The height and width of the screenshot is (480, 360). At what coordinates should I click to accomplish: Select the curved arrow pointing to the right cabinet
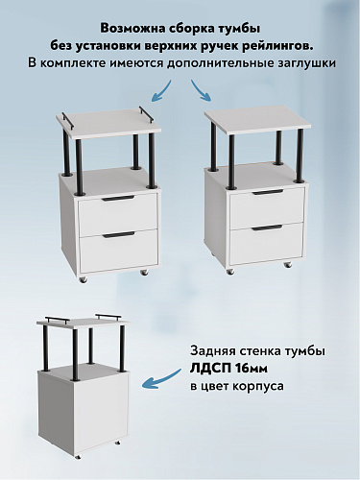click(204, 92)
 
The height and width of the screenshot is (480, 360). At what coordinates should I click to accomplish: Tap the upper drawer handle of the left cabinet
click(118, 199)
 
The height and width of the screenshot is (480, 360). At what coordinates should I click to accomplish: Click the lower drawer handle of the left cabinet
click(118, 233)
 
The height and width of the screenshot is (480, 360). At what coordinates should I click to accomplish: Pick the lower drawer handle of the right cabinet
click(268, 229)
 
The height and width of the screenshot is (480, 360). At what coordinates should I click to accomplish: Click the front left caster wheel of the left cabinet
click(84, 280)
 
